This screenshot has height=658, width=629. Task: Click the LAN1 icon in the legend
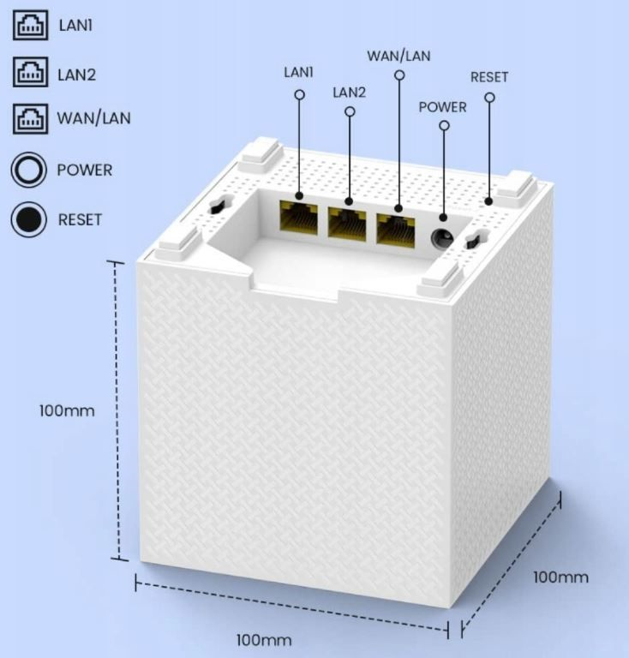coord(30,25)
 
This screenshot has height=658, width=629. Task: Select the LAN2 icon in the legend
coord(30,72)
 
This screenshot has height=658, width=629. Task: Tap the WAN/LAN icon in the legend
coord(30,119)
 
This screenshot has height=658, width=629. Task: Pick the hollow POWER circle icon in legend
coord(28,170)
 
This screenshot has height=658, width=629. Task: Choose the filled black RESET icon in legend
coord(28,219)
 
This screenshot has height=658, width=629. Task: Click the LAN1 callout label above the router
coord(299,72)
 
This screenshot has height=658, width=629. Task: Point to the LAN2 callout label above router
coord(349,93)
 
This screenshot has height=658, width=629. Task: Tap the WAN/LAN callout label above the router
coord(398,56)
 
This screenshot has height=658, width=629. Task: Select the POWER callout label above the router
coord(442,107)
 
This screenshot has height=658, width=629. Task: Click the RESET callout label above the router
coord(489,77)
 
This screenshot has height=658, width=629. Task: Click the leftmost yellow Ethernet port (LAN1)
coord(299,221)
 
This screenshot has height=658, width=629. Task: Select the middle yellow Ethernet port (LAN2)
coord(347,224)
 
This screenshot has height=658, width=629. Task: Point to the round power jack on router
coord(442,238)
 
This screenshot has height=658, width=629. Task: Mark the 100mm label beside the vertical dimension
coord(67,410)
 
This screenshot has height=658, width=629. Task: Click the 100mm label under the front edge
coord(264,640)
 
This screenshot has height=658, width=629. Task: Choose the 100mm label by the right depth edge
coord(560,577)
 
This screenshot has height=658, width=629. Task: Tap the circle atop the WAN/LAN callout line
coord(399,75)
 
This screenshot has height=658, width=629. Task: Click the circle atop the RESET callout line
coord(489,98)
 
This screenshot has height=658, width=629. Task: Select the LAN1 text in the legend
coord(75,26)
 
